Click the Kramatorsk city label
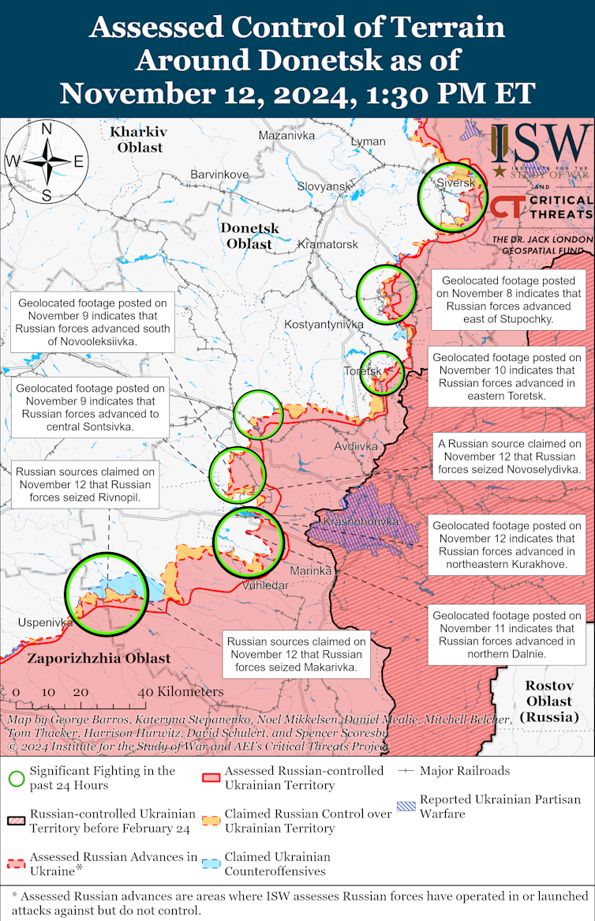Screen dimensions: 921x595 [328, 245]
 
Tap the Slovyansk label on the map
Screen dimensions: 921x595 [324, 186]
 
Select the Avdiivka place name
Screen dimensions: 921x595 [356, 446]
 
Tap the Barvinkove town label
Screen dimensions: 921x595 [219, 175]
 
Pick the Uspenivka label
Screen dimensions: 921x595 [45, 622]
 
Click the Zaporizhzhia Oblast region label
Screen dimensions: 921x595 [99, 658]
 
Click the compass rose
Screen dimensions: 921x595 [47, 162]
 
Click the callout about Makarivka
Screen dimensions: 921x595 [298, 655]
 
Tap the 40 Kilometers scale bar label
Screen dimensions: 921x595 [181, 692]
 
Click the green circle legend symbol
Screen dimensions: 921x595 [16, 778]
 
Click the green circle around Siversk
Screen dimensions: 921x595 [452, 197]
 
